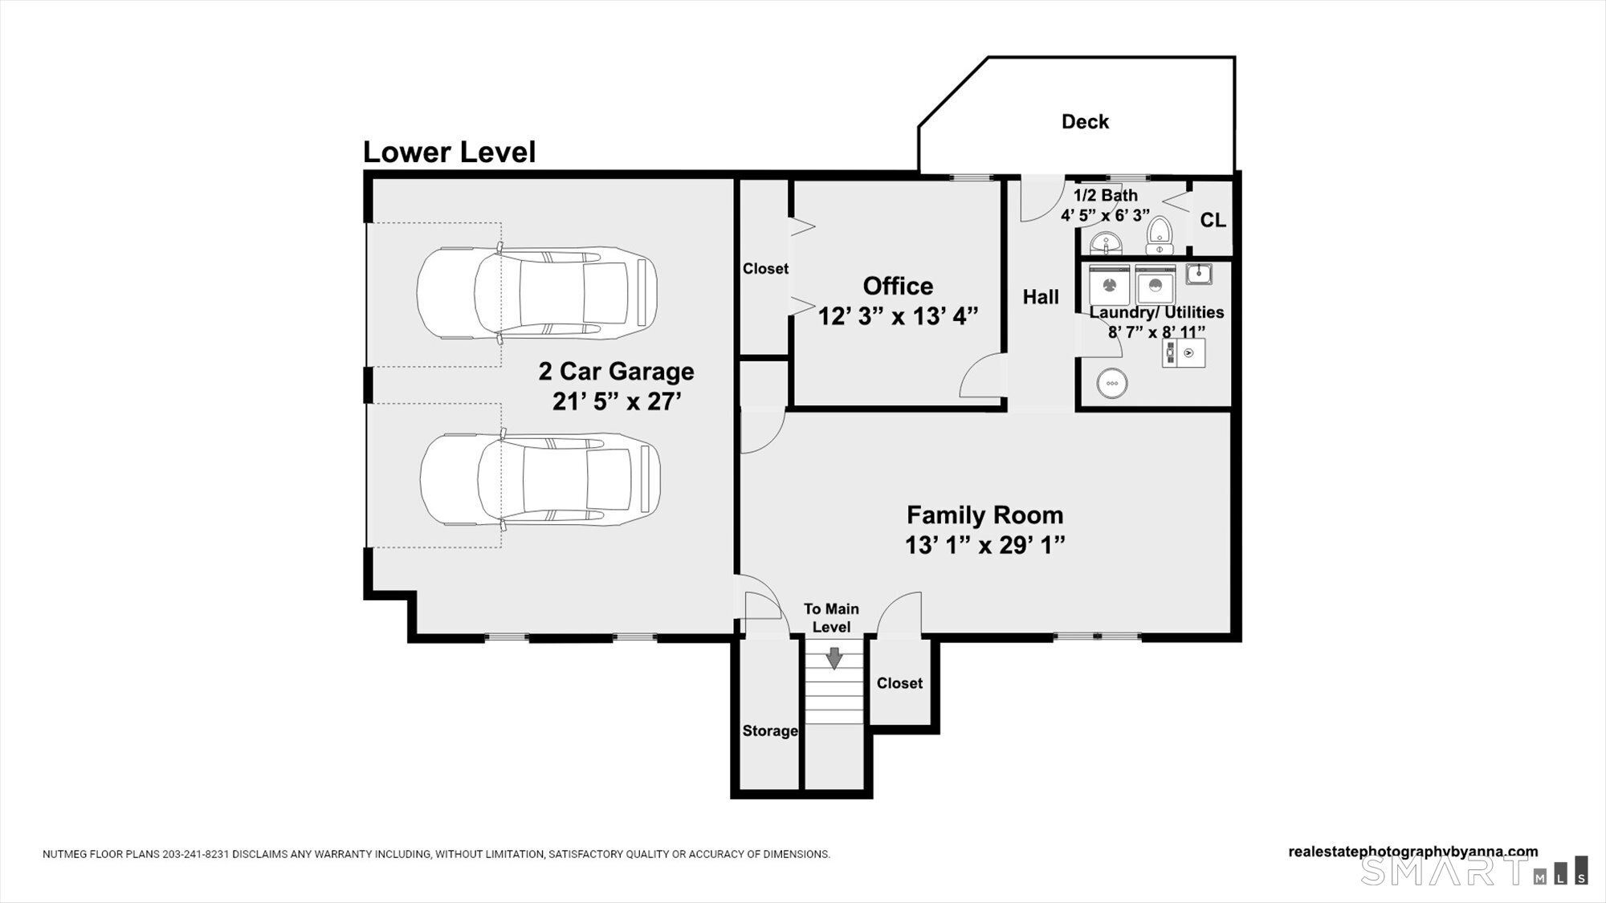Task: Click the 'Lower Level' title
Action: [x=449, y=152]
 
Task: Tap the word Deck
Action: [x=1085, y=122]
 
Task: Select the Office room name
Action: [x=898, y=286]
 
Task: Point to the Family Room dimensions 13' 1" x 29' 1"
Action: [x=984, y=546]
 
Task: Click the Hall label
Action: [x=1041, y=297]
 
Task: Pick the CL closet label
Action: [x=1213, y=220]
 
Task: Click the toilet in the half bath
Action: [x=1159, y=235]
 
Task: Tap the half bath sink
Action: [x=1106, y=242]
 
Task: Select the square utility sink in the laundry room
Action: [x=1199, y=274]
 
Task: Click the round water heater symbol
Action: [x=1112, y=383]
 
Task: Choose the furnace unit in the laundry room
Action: [x=1184, y=353]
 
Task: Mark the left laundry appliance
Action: [x=1109, y=285]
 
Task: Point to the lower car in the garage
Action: [x=540, y=480]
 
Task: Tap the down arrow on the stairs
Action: [x=834, y=659]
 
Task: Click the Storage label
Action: [x=770, y=731]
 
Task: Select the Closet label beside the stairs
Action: [x=899, y=683]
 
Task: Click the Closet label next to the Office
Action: [x=765, y=269]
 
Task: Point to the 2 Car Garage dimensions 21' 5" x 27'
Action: [x=617, y=401]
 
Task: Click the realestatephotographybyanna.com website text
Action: [x=1413, y=852]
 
